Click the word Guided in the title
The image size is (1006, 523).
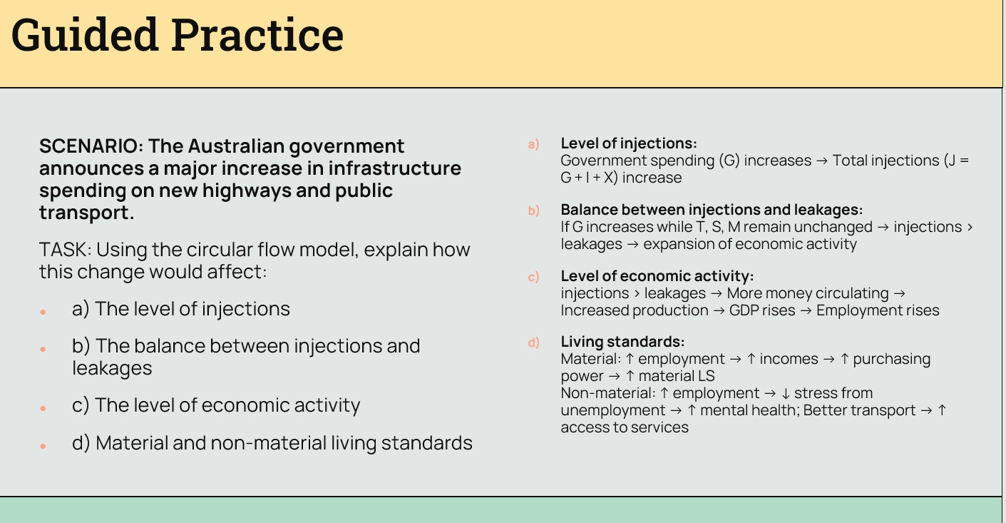click(85, 36)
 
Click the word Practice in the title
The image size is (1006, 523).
click(257, 35)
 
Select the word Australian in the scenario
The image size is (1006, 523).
click(236, 146)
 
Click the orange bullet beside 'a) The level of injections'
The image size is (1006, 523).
click(43, 312)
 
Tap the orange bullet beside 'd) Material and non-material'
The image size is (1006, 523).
click(43, 446)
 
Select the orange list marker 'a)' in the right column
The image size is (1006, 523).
click(533, 144)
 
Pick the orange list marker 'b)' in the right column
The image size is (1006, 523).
click(533, 210)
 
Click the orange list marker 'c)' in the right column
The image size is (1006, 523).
click(533, 277)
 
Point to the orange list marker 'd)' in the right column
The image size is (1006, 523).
click(533, 342)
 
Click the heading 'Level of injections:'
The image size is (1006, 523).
click(629, 143)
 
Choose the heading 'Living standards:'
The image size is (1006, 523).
click(622, 342)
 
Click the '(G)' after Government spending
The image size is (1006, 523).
click(729, 161)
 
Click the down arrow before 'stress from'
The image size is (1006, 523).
click(785, 394)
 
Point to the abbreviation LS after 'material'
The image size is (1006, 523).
click(706, 375)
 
